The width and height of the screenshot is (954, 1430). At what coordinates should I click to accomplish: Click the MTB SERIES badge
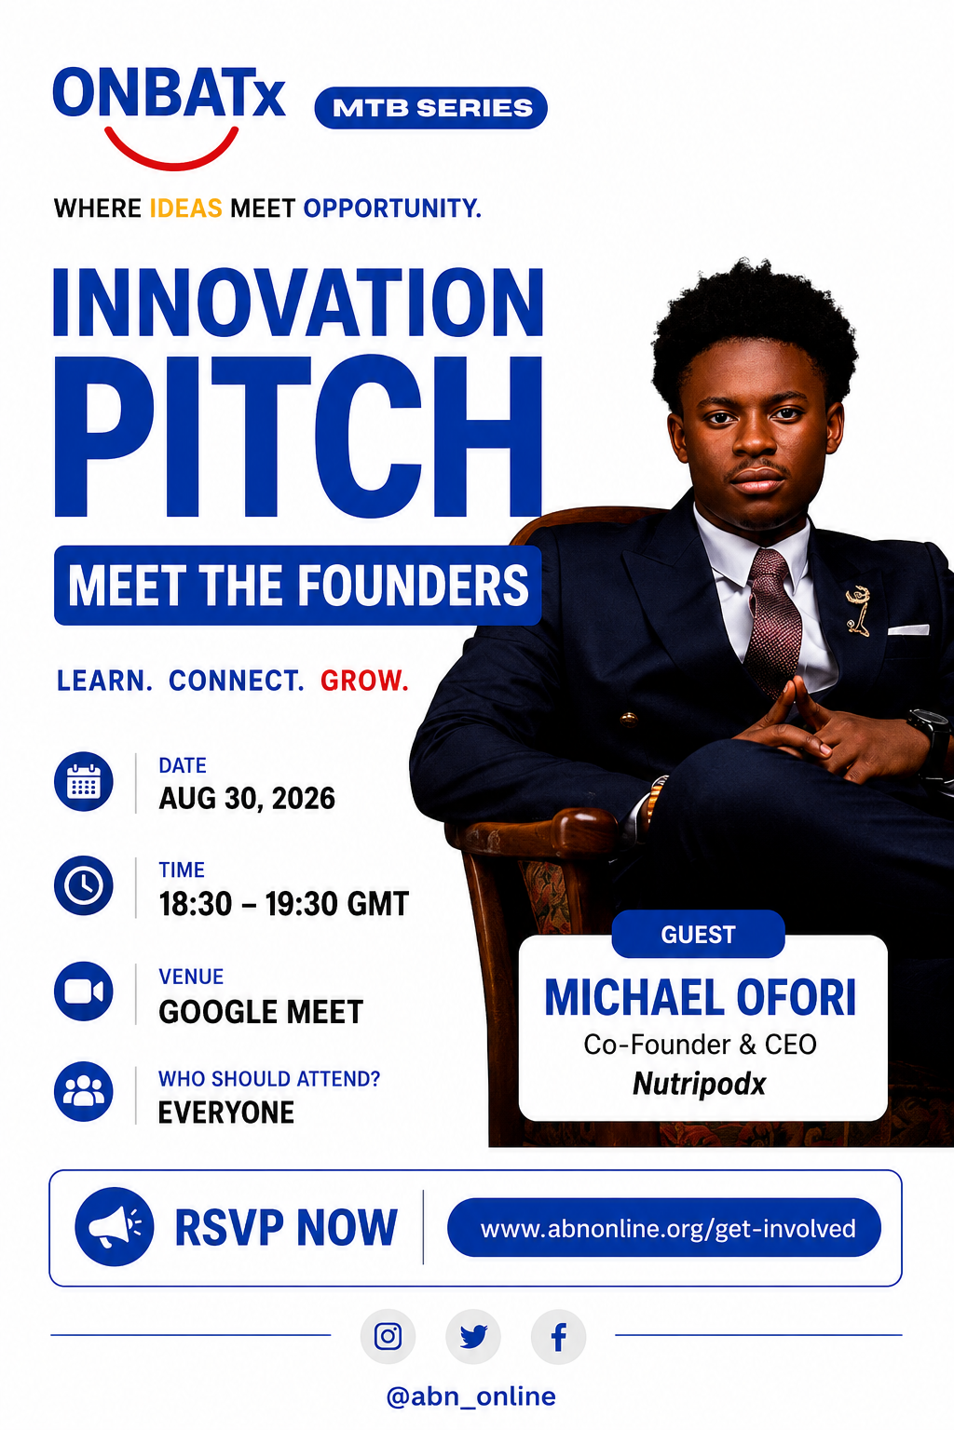pyautogui.click(x=430, y=107)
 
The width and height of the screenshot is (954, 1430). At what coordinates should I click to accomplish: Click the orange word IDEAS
pyautogui.click(x=186, y=209)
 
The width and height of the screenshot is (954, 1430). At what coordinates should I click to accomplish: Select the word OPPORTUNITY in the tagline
pyautogui.click(x=391, y=209)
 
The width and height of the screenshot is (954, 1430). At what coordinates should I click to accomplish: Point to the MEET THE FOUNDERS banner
pyautogui.click(x=298, y=585)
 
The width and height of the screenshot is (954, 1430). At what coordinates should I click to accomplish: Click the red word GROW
pyautogui.click(x=364, y=681)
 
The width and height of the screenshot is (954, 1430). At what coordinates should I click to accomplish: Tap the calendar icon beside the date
pyautogui.click(x=84, y=781)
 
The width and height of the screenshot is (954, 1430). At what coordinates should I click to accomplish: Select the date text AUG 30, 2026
pyautogui.click(x=247, y=799)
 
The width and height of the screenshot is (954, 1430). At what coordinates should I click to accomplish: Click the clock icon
pyautogui.click(x=84, y=885)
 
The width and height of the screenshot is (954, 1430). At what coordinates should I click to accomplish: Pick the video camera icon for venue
pyautogui.click(x=84, y=992)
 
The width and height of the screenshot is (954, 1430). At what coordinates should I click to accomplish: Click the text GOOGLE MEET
pyautogui.click(x=261, y=1012)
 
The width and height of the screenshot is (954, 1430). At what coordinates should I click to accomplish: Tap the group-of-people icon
pyautogui.click(x=84, y=1092)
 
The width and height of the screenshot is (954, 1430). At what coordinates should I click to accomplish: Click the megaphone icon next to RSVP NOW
pyautogui.click(x=115, y=1226)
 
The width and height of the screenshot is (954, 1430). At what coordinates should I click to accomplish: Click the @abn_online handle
pyautogui.click(x=470, y=1396)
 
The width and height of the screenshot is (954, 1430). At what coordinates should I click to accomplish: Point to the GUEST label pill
pyautogui.click(x=698, y=934)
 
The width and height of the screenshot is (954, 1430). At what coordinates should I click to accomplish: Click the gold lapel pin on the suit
pyautogui.click(x=858, y=611)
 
